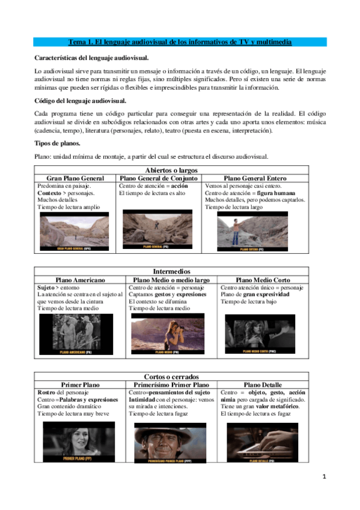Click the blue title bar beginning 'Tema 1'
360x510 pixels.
tap(180, 42)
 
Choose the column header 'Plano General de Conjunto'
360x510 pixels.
tap(159, 179)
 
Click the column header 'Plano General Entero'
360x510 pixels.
tap(255, 179)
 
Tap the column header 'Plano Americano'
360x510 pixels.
tap(80, 280)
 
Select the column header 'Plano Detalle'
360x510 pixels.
tap(263, 384)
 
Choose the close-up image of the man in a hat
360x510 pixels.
tap(170, 443)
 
